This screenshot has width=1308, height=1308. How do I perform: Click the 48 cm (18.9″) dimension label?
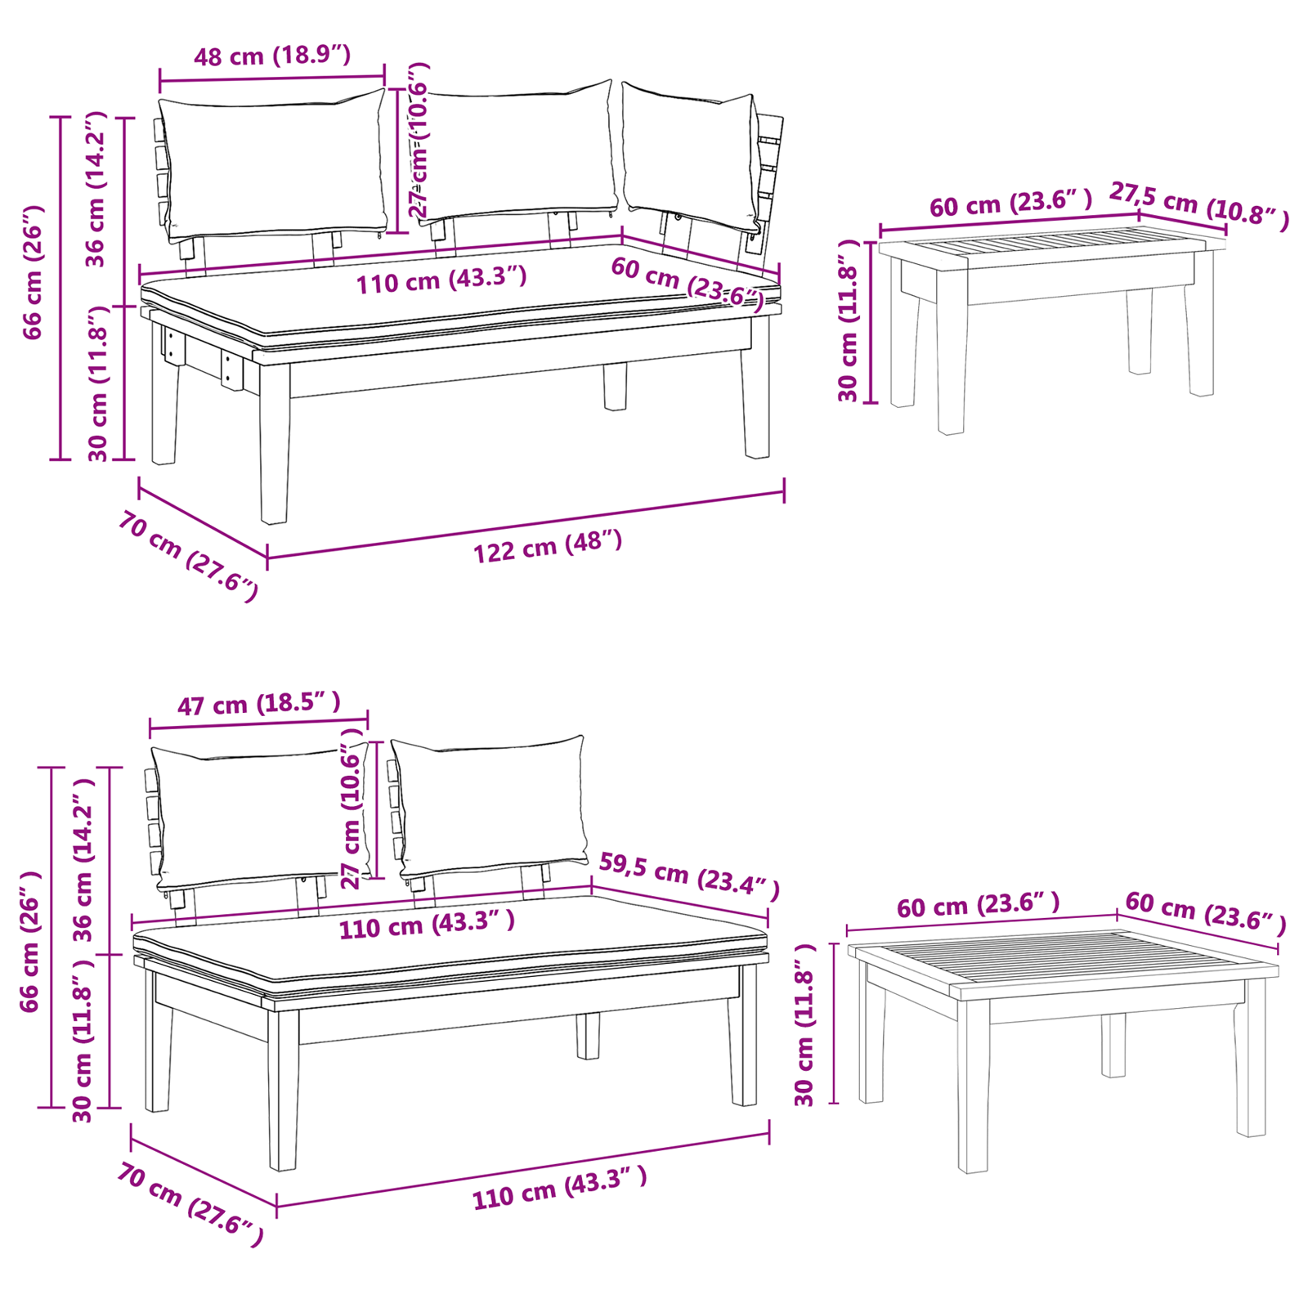(x=272, y=56)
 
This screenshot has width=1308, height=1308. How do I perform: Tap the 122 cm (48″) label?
(x=548, y=546)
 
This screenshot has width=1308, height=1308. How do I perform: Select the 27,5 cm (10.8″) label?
(x=1198, y=203)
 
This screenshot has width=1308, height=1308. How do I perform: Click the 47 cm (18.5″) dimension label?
(x=258, y=703)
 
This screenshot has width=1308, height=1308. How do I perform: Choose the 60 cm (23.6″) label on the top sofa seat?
(x=687, y=283)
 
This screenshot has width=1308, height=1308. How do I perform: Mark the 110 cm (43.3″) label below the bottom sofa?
(x=559, y=1188)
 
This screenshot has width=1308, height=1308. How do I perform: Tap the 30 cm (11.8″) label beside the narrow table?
(x=849, y=320)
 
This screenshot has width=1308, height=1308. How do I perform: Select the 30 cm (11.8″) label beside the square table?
(x=805, y=1024)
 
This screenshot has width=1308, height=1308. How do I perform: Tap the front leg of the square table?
(x=973, y=1087)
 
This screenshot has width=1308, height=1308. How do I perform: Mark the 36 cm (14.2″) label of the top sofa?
(x=96, y=190)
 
